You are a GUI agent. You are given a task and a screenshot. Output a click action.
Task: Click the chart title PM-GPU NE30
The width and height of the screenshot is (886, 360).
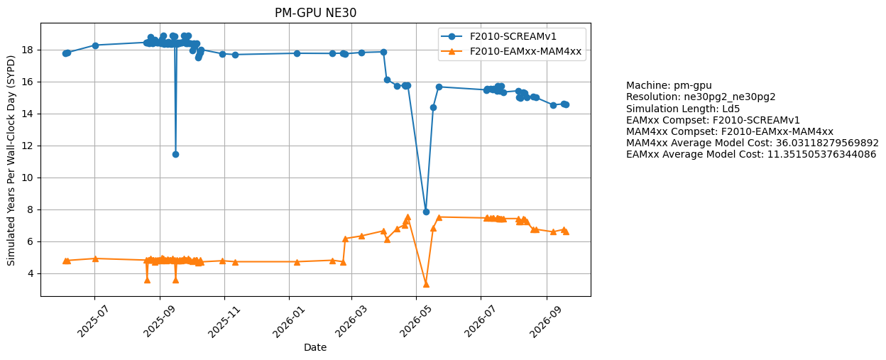coord(315,13)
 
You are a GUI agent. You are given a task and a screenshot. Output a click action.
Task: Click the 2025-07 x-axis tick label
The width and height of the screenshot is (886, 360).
coord(92,322)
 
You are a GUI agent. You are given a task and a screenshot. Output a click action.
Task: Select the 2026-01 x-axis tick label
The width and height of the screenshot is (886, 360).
coord(288,322)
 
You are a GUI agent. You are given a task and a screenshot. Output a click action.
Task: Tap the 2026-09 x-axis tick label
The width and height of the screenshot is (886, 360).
coord(545,322)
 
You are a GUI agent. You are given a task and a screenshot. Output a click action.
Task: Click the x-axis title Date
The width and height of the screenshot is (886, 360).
coord(315,347)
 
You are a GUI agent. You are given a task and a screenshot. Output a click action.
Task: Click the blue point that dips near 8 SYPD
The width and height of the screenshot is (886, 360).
coord(426,212)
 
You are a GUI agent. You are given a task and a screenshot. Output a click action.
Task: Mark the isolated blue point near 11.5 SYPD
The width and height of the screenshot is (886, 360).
coord(175,154)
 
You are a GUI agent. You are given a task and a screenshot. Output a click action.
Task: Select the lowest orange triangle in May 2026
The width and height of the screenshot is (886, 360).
coord(426,284)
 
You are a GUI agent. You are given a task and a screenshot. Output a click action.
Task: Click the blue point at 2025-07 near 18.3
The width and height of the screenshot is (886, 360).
coord(95,45)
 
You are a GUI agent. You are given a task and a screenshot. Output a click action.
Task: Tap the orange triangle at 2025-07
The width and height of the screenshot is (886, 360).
coord(95,258)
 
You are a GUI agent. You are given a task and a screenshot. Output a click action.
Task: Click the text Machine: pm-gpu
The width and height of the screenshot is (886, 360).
coord(669,85)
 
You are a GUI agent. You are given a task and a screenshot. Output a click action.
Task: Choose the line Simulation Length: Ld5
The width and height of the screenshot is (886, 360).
coord(683,109)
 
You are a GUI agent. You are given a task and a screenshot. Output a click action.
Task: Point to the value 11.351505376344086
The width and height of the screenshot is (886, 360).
coord(822,154)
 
